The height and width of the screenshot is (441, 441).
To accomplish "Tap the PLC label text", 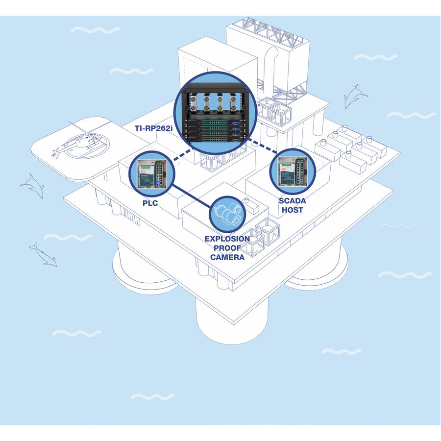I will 150,202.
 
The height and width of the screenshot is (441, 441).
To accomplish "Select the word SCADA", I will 293,201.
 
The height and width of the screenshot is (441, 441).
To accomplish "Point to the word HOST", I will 293,210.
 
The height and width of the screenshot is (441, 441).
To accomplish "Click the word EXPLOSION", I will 227,239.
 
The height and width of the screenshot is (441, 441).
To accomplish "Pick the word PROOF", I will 227,248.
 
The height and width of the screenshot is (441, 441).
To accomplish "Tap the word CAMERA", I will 227,257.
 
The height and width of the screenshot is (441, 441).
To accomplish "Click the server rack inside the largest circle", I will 216,114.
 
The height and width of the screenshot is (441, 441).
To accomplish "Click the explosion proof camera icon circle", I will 228,215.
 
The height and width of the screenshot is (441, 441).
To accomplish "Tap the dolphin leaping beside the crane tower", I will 355,96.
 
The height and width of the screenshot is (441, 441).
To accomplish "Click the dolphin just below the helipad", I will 32,185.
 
